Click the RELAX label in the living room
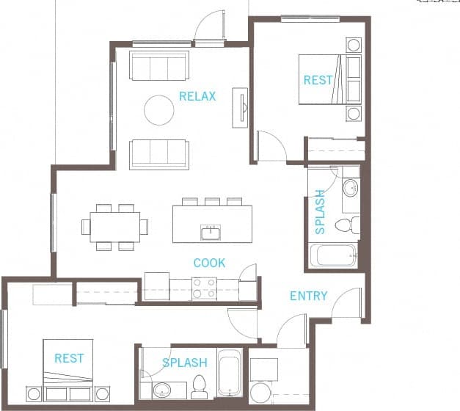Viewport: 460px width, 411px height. click(197, 96)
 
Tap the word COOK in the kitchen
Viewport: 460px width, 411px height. click(209, 263)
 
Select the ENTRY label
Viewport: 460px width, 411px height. click(308, 297)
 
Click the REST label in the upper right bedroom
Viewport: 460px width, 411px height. click(318, 80)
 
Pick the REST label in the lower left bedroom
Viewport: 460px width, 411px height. click(69, 358)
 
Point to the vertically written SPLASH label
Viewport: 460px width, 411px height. click(320, 212)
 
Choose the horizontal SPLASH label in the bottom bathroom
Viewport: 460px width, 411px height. click(184, 363)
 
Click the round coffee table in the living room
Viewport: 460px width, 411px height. click(158, 110)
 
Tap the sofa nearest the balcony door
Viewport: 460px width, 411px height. click(159, 65)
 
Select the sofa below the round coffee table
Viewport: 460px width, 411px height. click(159, 153)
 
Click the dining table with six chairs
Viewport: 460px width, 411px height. click(115, 227)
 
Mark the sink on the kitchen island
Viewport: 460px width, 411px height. click(211, 233)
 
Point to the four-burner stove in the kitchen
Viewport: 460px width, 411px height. click(204, 288)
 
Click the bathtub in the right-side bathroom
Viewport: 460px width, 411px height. click(333, 255)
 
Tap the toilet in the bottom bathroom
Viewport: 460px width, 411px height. click(199, 386)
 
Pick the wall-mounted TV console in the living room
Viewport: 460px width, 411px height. click(240, 108)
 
